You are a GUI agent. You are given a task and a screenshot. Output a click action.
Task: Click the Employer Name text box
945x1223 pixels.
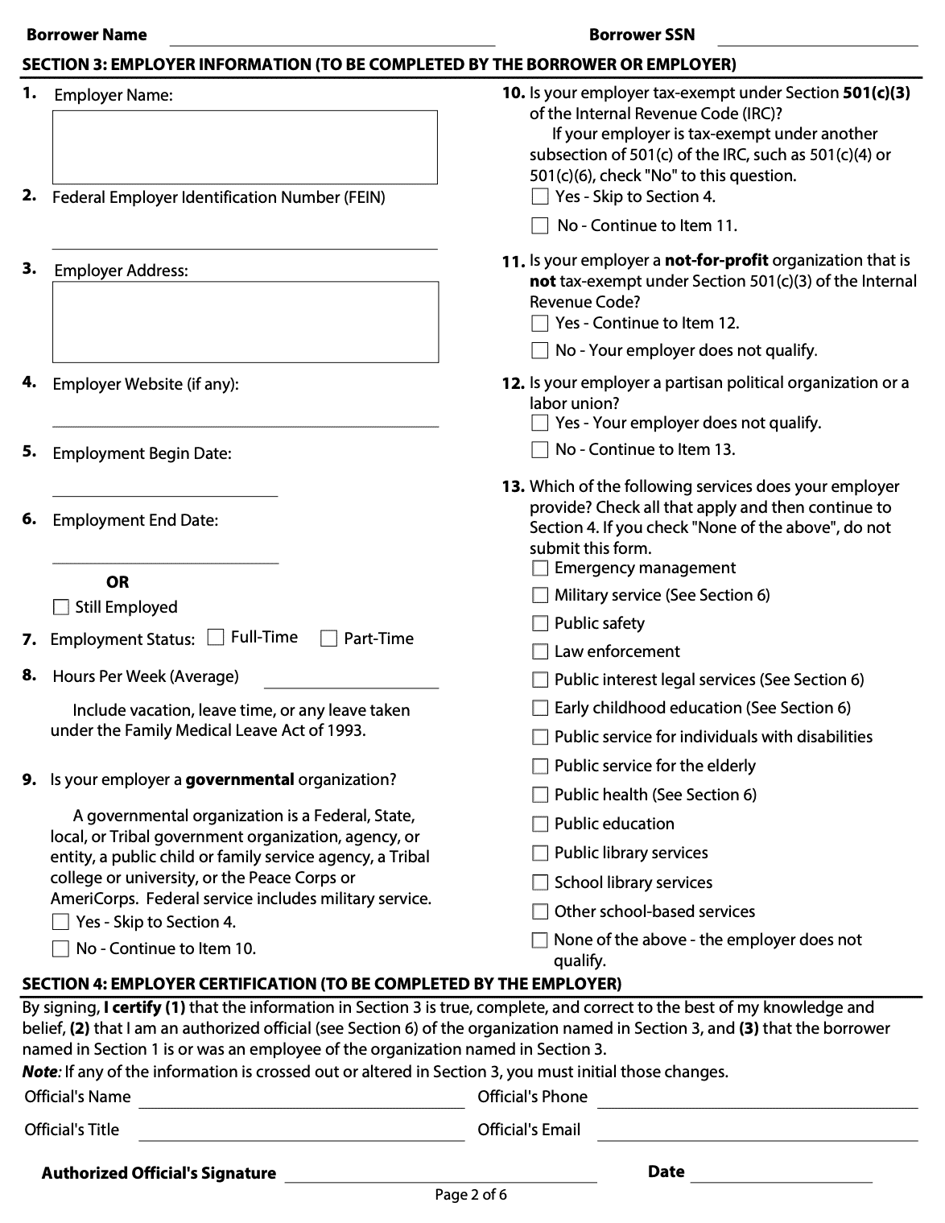pyautogui.click(x=245, y=147)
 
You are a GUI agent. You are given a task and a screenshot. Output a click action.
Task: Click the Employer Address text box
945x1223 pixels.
pyautogui.click(x=246, y=321)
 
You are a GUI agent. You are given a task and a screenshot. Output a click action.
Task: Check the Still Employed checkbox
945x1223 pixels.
pyautogui.click(x=61, y=608)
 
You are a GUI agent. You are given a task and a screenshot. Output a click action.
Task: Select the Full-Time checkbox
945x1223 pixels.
pyautogui.click(x=216, y=638)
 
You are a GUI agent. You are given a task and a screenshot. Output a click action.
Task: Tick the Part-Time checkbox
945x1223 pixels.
pyautogui.click(x=328, y=639)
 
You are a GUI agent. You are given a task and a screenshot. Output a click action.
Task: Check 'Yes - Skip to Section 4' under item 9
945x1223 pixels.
pyautogui.click(x=61, y=922)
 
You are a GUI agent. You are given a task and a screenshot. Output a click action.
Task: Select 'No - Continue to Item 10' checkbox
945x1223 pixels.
pyautogui.click(x=61, y=948)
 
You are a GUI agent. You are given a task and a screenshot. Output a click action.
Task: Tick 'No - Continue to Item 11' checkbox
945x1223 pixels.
pyautogui.click(x=540, y=226)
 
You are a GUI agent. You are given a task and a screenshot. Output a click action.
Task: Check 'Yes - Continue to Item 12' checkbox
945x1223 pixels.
pyautogui.click(x=540, y=324)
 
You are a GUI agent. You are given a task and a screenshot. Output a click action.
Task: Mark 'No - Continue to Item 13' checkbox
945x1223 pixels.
pyautogui.click(x=540, y=450)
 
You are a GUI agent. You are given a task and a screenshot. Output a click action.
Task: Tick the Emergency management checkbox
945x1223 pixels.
pyautogui.click(x=540, y=568)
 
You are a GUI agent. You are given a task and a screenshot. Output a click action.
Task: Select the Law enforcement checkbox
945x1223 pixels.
pyautogui.click(x=540, y=652)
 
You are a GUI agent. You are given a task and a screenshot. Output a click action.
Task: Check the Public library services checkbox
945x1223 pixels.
pyautogui.click(x=540, y=853)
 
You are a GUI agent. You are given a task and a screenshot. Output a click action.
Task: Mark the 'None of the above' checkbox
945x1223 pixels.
pyautogui.click(x=540, y=940)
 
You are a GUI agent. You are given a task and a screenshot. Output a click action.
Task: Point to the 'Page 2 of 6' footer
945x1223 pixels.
pyautogui.click(x=471, y=1195)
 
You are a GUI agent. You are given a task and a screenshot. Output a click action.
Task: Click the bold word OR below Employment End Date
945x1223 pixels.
pyautogui.click(x=118, y=582)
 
